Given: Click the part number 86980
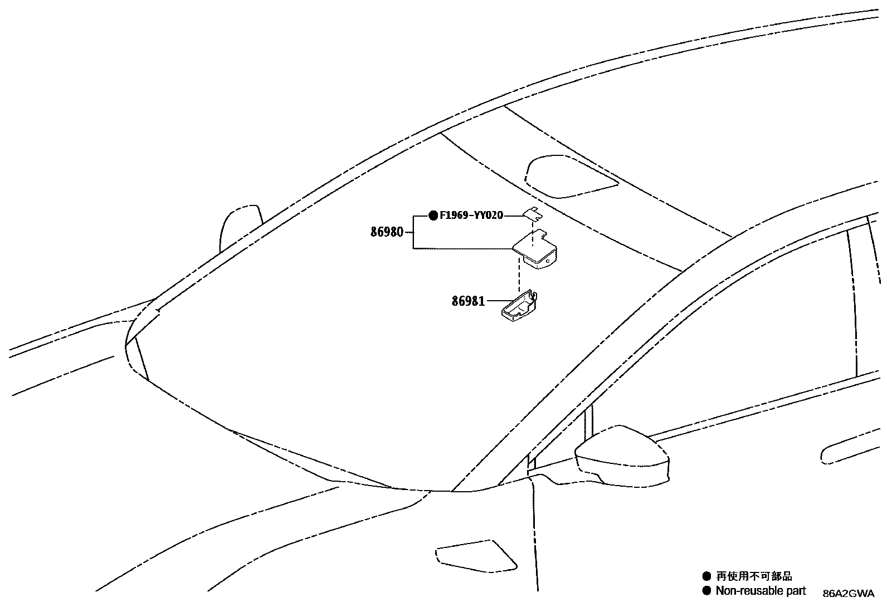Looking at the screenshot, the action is click(x=387, y=232).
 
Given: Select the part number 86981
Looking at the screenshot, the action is click(x=468, y=301).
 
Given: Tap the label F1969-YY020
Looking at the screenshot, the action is click(x=471, y=216).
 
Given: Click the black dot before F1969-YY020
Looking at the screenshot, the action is click(x=433, y=216).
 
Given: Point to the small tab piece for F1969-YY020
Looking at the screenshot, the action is click(x=533, y=214).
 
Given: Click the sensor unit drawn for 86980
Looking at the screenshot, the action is click(x=535, y=249).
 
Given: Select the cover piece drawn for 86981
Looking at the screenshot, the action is click(x=519, y=306).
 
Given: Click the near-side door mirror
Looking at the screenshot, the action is click(x=622, y=455).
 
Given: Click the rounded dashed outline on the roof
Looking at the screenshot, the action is click(x=570, y=177).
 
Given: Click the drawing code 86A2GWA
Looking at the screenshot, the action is click(x=849, y=594).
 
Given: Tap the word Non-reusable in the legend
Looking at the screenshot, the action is click(x=749, y=591).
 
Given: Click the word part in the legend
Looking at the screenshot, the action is click(x=796, y=591).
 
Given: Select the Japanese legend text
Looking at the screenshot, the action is click(x=754, y=576).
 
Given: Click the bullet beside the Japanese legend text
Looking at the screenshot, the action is click(x=706, y=576).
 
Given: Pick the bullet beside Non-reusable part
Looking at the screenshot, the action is click(x=706, y=591).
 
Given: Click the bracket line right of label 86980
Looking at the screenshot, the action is click(x=413, y=232).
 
